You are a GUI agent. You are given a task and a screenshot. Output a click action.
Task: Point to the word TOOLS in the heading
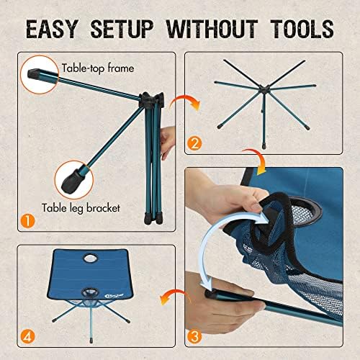[x=300, y=28]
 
